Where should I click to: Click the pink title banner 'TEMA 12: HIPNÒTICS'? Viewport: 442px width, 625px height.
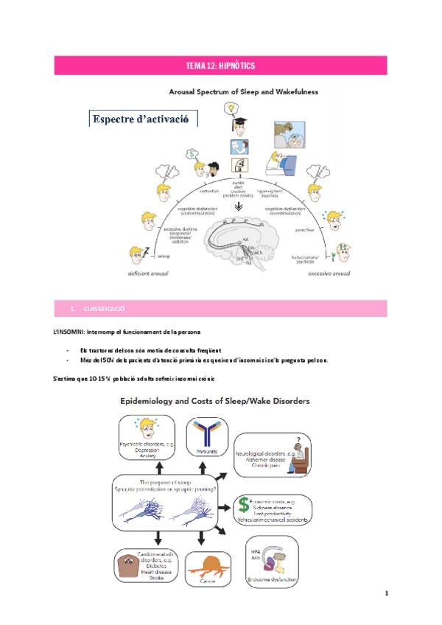(221, 66)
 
